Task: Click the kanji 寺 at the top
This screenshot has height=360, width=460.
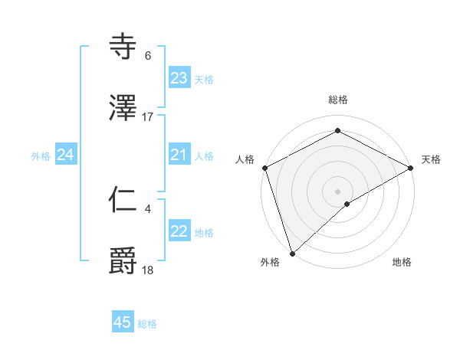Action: click(x=124, y=47)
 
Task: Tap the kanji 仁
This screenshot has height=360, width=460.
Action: click(x=124, y=201)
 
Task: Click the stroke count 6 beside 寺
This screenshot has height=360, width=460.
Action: click(x=148, y=56)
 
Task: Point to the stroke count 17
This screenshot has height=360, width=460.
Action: click(x=148, y=117)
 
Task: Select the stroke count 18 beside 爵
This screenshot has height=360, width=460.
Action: click(x=148, y=270)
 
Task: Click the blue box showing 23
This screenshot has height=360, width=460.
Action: click(x=179, y=78)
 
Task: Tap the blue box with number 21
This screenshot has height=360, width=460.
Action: click(x=179, y=155)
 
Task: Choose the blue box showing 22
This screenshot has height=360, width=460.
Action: click(x=179, y=231)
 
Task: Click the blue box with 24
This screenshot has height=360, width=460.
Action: click(x=66, y=155)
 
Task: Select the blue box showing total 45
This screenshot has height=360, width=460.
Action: click(x=123, y=322)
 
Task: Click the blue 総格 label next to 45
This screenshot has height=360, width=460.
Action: click(x=148, y=324)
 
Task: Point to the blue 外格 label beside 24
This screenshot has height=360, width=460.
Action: click(x=41, y=156)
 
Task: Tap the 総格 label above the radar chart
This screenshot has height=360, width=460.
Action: click(x=338, y=100)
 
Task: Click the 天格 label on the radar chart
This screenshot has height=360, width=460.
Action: click(x=432, y=159)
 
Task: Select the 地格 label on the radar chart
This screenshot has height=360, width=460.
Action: click(x=402, y=263)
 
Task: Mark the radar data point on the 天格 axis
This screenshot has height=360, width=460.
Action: click(x=411, y=168)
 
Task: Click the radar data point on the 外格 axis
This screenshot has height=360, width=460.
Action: click(x=292, y=253)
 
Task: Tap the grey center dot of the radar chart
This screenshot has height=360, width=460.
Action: click(x=337, y=191)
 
